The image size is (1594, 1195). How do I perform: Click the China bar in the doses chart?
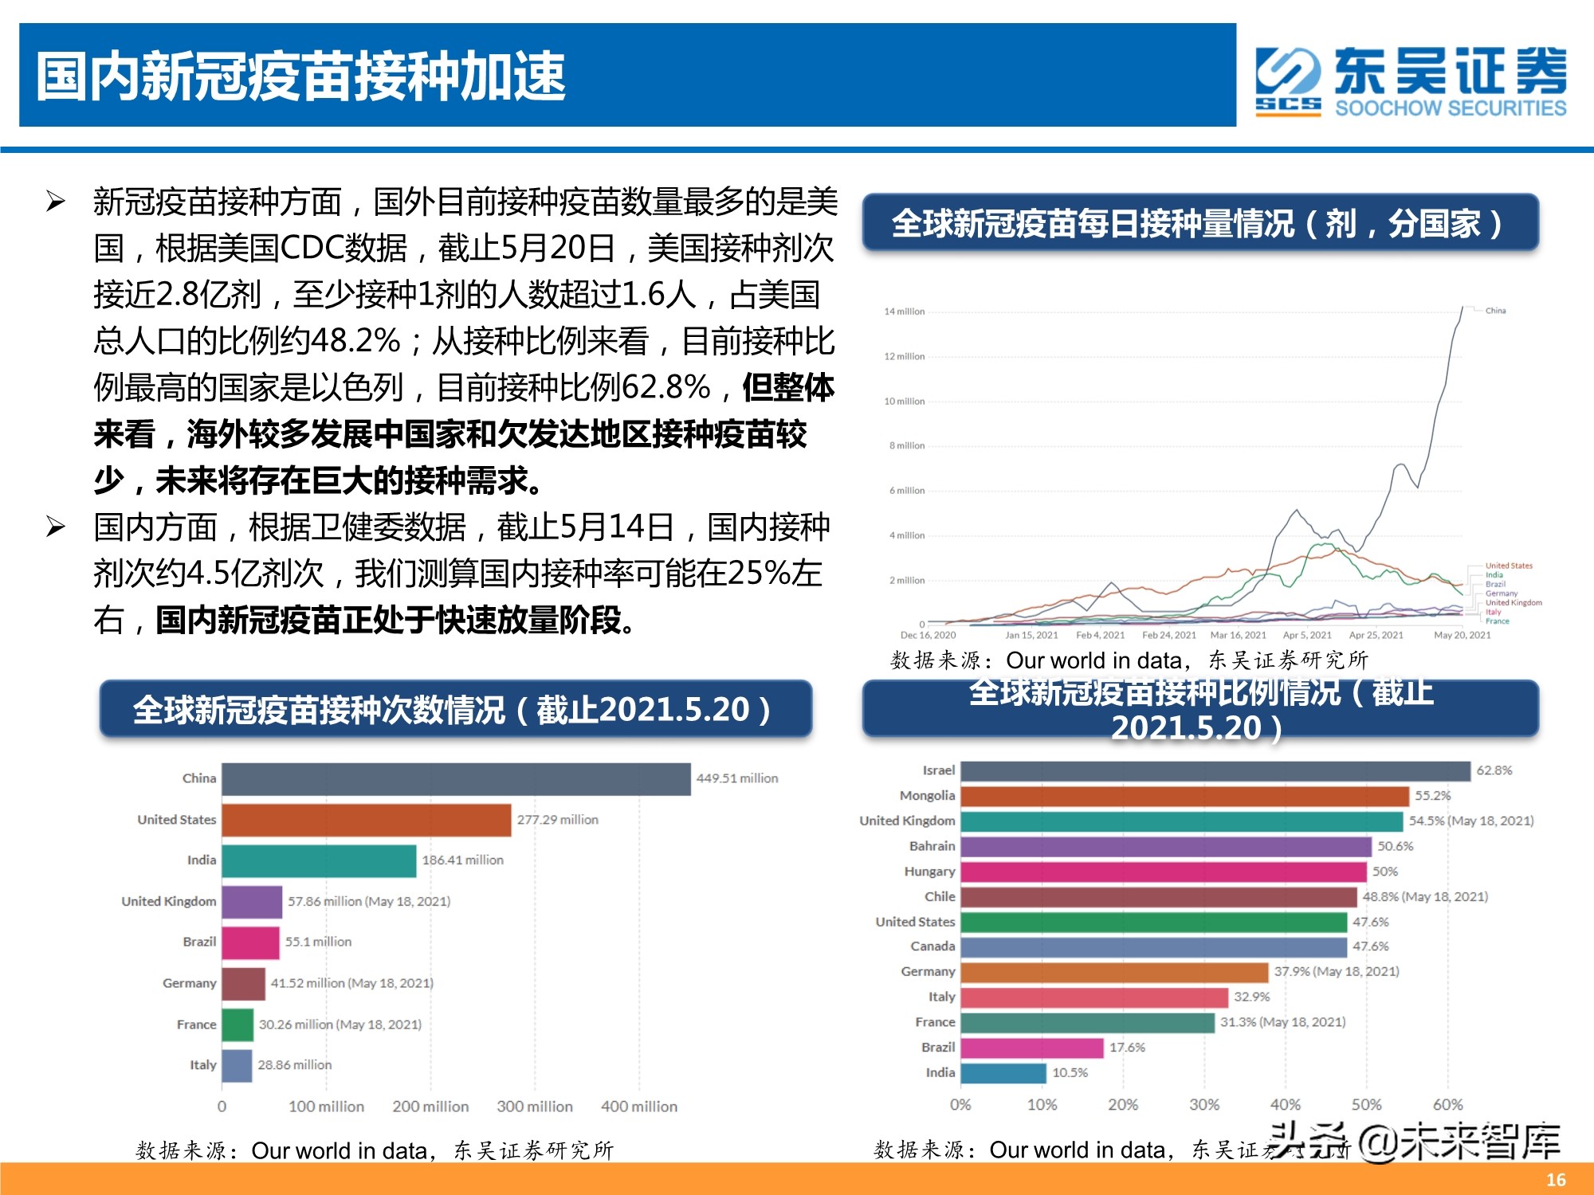456,779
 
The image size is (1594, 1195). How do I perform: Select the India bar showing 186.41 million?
319,861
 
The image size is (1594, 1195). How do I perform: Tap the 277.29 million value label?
557,820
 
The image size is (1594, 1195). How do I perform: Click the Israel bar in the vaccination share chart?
1215,771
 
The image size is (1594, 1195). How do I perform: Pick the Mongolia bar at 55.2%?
1184,796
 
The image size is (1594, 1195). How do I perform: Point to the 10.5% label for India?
1070,1073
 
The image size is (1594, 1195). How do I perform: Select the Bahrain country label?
932,846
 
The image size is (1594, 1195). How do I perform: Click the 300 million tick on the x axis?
534,1107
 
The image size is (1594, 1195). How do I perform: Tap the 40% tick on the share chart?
1285,1105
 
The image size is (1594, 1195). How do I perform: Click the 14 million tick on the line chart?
904,311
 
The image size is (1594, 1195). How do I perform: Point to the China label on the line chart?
1495,311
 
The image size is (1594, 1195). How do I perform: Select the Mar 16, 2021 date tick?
1238,635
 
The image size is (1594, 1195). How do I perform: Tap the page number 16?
1556,1180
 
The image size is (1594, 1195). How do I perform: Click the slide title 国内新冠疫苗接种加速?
301,76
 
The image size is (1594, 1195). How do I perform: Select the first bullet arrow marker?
55,202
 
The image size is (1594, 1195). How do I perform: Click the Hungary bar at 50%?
1163,872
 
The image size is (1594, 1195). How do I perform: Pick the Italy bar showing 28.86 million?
237,1066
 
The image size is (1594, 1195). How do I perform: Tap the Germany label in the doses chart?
189,984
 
